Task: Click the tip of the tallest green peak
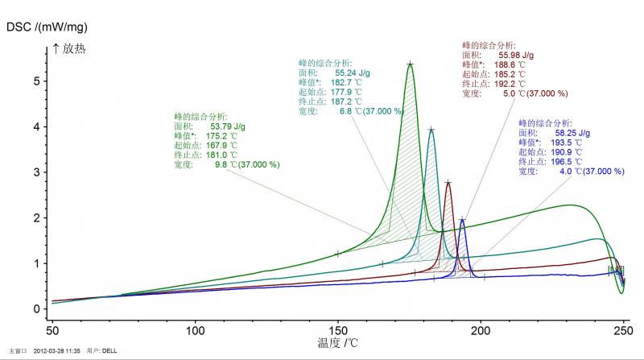click(x=411, y=64)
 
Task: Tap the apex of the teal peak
click(x=431, y=129)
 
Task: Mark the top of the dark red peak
click(x=448, y=183)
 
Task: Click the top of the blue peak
click(x=462, y=219)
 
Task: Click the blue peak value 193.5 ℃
click(x=566, y=143)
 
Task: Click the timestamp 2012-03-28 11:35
click(x=56, y=351)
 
